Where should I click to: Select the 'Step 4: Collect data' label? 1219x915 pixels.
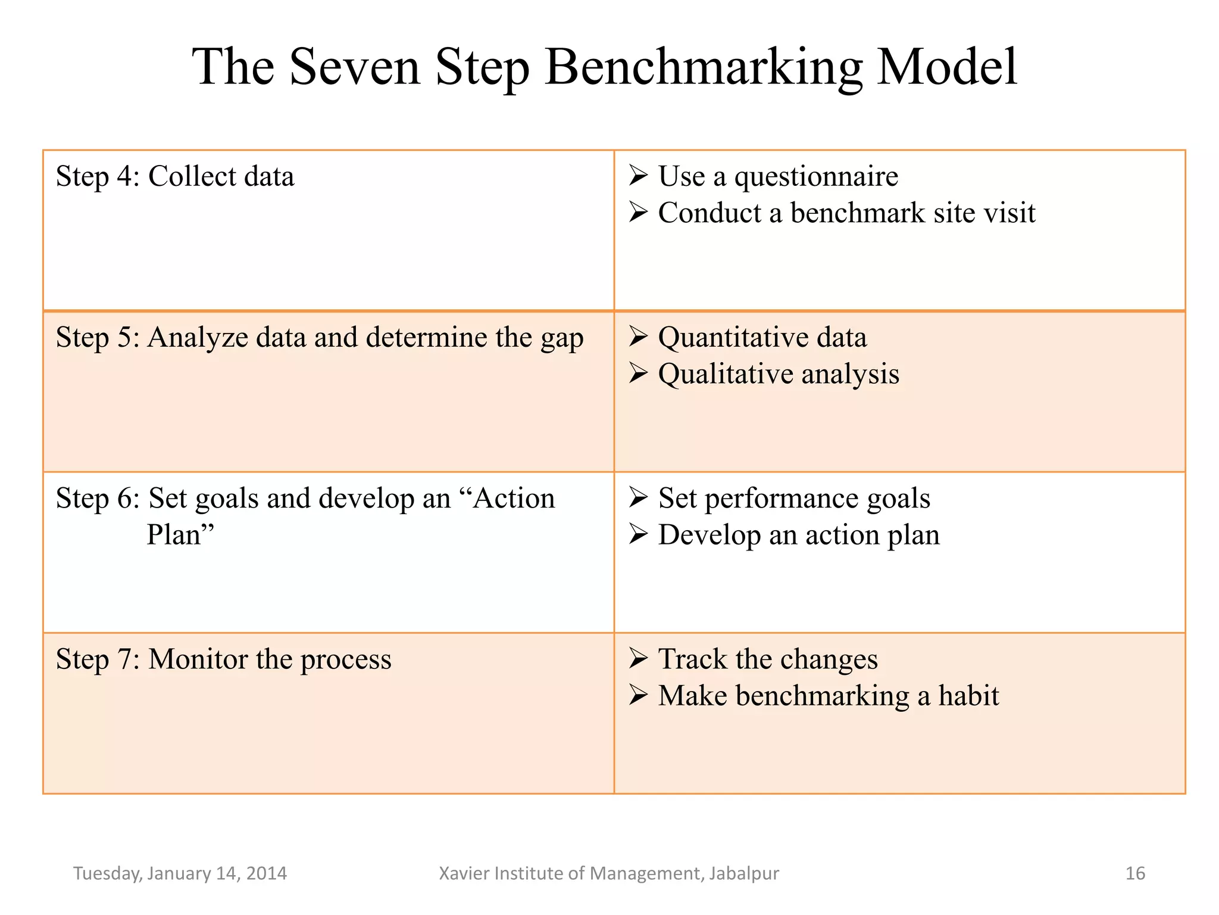point(175,177)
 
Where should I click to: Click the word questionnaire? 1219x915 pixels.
point(816,177)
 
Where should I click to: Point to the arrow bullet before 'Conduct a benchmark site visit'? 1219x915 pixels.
point(638,212)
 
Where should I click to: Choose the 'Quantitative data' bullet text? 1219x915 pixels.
point(762,338)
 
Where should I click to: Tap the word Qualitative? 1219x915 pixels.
point(726,375)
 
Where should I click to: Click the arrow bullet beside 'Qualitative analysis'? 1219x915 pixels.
point(638,374)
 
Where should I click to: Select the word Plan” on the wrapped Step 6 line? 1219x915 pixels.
point(180,534)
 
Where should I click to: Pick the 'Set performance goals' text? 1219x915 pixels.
point(794,499)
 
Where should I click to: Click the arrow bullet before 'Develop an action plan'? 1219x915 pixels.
point(638,534)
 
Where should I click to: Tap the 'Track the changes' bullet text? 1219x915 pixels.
point(768,659)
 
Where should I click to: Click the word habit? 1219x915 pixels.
point(968,696)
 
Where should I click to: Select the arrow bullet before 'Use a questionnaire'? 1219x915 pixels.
point(638,176)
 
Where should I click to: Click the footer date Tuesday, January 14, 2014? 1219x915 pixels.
point(180,873)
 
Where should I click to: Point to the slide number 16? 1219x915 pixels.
point(1135,873)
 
